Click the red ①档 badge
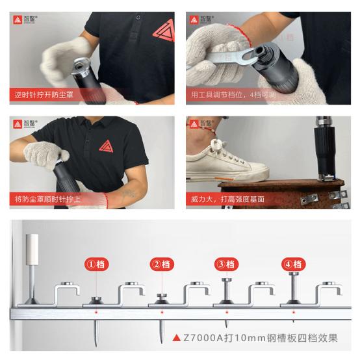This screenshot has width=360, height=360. (x=96, y=264)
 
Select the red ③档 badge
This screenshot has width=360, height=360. (x=225, y=264)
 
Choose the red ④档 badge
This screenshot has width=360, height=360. (x=292, y=264)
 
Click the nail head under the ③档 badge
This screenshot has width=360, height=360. (x=225, y=281)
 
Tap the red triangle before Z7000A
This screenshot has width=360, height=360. (x=177, y=338)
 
